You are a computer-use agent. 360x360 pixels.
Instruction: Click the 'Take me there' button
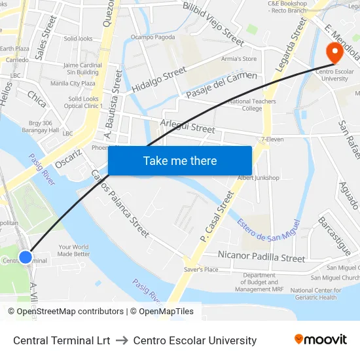tap(180, 160)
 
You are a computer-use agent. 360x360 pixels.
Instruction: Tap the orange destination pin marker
tap(334, 53)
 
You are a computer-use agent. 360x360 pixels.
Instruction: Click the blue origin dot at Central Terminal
tap(26, 257)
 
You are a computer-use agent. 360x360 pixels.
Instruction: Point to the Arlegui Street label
tap(187, 126)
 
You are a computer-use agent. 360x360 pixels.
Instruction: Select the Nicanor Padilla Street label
tap(261, 257)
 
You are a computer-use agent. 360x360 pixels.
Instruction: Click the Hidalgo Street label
tap(159, 79)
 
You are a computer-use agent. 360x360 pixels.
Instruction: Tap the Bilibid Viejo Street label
tap(213, 20)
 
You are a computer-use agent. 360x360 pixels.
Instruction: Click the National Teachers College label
tap(252, 105)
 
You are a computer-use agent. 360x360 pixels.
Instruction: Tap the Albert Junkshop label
tap(258, 178)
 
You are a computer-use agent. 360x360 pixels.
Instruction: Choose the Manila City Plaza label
tap(73, 83)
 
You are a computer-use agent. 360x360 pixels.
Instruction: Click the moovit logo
tap(320, 339)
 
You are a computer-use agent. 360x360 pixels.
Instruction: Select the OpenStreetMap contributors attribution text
tap(65, 312)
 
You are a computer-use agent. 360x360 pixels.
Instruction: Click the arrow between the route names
tap(124, 340)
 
